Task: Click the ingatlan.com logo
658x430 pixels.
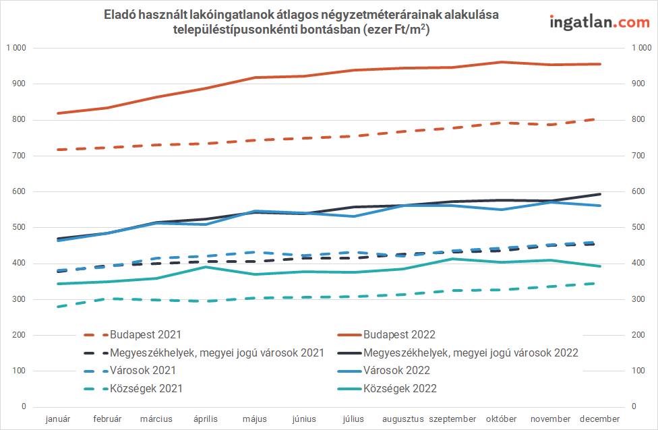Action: pyautogui.click(x=599, y=22)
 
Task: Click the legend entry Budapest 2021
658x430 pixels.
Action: pyautogui.click(x=146, y=334)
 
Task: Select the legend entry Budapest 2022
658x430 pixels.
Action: pyautogui.click(x=399, y=334)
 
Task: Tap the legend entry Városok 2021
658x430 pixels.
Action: pyautogui.click(x=143, y=370)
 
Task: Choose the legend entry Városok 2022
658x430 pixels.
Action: pyautogui.click(x=396, y=370)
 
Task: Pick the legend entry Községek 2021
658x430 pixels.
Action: pyautogui.click(x=146, y=388)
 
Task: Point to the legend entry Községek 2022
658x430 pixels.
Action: pyautogui.click(x=400, y=388)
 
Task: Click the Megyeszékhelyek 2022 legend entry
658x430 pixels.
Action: pyautogui.click(x=471, y=352)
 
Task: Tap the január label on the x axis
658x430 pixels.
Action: pyautogui.click(x=58, y=419)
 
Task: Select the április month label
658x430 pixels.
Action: pyautogui.click(x=206, y=419)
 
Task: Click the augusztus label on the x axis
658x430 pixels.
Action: pyautogui.click(x=403, y=419)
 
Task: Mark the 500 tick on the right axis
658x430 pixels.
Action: pyautogui.click(x=637, y=227)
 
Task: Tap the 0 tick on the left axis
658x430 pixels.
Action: pyautogui.click(x=24, y=406)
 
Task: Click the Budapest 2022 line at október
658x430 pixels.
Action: pyautogui.click(x=501, y=62)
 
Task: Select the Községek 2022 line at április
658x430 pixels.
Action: pyautogui.click(x=206, y=267)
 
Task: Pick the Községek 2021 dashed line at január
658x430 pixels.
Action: pyautogui.click(x=59, y=307)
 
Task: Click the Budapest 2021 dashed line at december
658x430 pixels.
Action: pyautogui.click(x=599, y=119)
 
